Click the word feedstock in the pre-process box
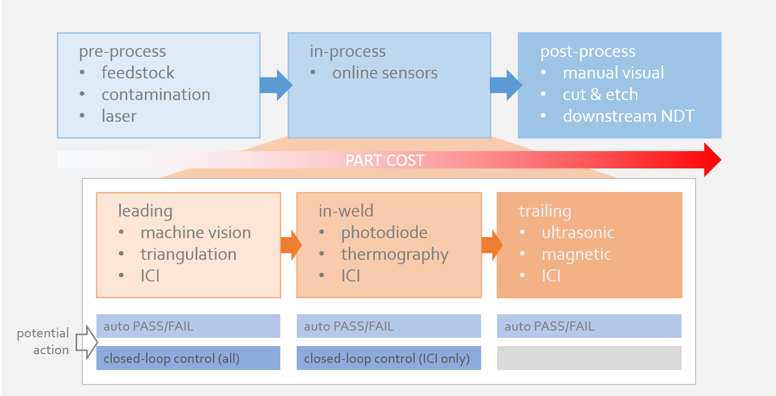[138, 73]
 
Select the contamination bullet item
[156, 94]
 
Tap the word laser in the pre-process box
[119, 116]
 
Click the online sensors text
[384, 73]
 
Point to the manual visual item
[613, 73]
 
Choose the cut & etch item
[600, 94]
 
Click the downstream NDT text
[628, 116]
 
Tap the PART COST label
[385, 160]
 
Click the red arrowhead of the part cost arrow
[712, 160]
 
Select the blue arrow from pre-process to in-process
[276, 85]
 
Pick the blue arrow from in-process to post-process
[506, 85]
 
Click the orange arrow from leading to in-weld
[291, 245]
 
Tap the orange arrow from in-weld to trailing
[492, 245]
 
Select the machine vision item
[196, 232]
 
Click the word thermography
[395, 254]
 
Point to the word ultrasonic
[578, 232]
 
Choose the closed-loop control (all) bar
[188, 358]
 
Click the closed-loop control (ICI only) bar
[388, 358]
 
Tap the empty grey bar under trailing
[589, 358]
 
